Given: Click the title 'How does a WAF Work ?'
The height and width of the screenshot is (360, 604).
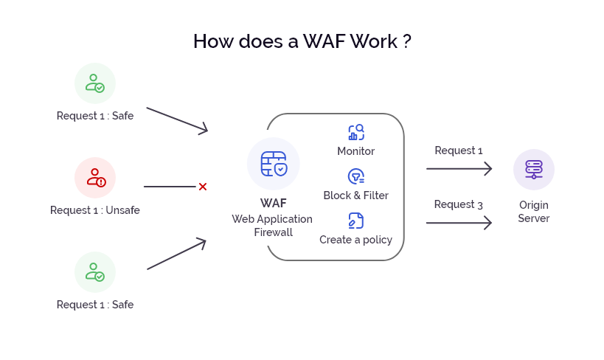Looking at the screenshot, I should pyautogui.click(x=302, y=41).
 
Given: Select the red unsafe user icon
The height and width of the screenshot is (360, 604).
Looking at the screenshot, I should pyautogui.click(x=95, y=178).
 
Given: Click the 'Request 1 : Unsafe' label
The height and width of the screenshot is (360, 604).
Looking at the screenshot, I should pyautogui.click(x=95, y=210).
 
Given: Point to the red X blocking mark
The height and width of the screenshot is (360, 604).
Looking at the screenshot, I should pyautogui.click(x=202, y=187).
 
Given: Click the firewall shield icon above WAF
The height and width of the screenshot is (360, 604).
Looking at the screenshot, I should pyautogui.click(x=274, y=164).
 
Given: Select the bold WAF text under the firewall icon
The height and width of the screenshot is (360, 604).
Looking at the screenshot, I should pyautogui.click(x=273, y=203).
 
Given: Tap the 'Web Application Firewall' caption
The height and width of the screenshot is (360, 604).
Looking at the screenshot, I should pyautogui.click(x=273, y=226).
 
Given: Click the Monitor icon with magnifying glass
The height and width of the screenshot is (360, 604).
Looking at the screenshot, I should pyautogui.click(x=356, y=133).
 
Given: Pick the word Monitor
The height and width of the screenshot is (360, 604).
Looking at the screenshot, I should pyautogui.click(x=356, y=151).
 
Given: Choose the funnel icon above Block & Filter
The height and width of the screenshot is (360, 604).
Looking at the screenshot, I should pyautogui.click(x=356, y=176).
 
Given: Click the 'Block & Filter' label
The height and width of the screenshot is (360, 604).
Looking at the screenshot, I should pyautogui.click(x=356, y=195).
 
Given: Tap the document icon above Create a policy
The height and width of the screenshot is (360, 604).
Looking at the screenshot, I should pyautogui.click(x=356, y=221).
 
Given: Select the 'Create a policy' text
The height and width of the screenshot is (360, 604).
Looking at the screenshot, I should pyautogui.click(x=356, y=240).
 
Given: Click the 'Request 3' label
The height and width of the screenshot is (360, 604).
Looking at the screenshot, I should pyautogui.click(x=459, y=204).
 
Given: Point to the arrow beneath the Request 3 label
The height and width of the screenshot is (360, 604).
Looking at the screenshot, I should pyautogui.click(x=459, y=222).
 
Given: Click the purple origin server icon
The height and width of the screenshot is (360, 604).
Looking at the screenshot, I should pyautogui.click(x=534, y=169).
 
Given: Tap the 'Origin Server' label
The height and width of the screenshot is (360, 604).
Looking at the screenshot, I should pyautogui.click(x=534, y=211).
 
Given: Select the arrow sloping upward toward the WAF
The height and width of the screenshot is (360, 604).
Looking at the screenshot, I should pyautogui.click(x=177, y=255).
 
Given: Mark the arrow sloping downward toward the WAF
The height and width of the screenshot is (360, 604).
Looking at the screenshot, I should pyautogui.click(x=177, y=120).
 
